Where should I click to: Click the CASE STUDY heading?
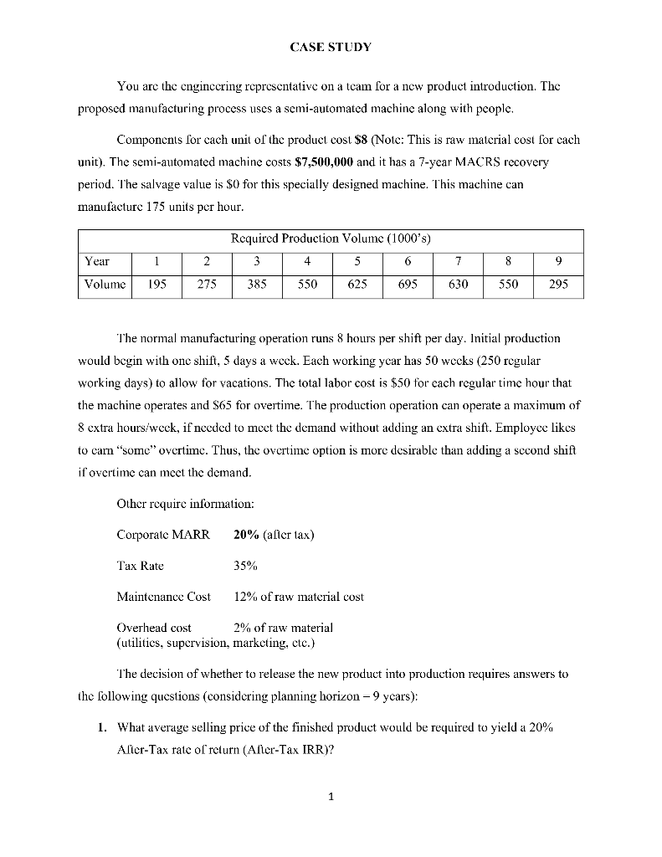coord(331,47)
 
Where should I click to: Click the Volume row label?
coord(104,284)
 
